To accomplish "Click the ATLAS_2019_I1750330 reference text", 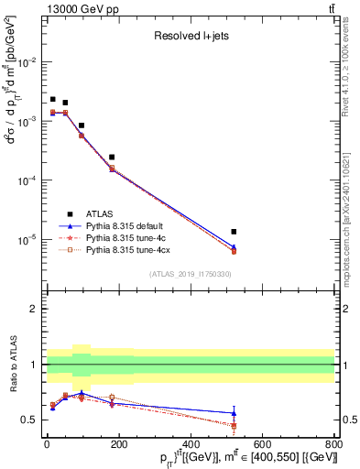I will click(190, 274).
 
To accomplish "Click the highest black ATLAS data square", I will click(53, 99).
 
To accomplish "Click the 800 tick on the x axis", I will click(334, 446).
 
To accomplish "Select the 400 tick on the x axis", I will click(190, 446).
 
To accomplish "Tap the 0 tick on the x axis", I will click(46, 446).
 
